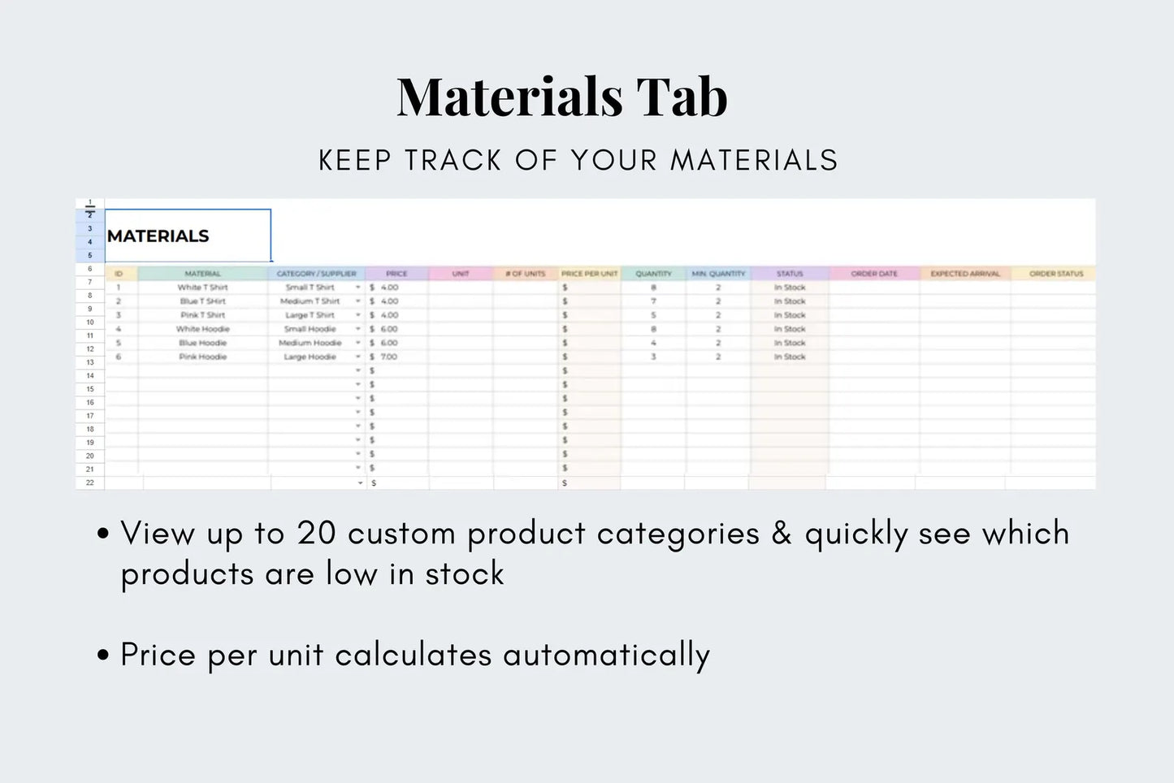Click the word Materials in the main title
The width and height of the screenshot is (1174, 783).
point(509,97)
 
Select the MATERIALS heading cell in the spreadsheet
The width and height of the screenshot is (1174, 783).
point(158,236)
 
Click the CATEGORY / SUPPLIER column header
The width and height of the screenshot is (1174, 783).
point(316,274)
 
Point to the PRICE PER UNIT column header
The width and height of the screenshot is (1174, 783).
point(589,274)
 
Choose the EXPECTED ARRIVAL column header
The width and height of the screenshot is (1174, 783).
point(965,274)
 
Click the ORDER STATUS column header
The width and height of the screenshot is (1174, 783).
point(1055,274)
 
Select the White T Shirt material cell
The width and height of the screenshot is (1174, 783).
point(202,288)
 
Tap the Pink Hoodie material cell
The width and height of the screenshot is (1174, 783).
point(202,357)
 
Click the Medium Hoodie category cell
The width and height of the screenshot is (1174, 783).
point(310,343)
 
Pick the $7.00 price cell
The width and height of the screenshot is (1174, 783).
point(388,357)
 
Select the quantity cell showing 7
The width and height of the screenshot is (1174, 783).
point(653,301)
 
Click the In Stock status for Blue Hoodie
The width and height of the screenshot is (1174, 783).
point(789,343)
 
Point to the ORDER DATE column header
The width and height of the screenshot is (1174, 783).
point(874,274)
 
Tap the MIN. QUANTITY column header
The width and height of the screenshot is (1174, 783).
point(717,274)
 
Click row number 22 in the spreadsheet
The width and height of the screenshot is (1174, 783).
point(89,482)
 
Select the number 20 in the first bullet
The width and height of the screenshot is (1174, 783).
point(316,534)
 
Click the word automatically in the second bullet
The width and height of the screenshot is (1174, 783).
point(606,655)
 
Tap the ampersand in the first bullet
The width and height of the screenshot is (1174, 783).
point(782,534)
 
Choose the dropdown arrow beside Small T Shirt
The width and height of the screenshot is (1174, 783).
point(357,288)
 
